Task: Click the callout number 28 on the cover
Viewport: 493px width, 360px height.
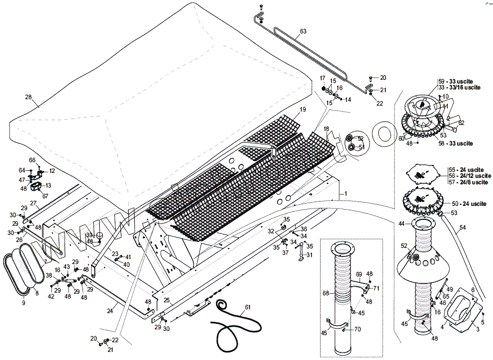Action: [29, 97]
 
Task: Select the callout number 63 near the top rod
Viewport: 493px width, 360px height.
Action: [303, 31]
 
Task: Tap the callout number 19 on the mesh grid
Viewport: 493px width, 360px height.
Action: [303, 109]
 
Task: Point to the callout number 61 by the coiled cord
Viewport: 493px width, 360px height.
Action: [247, 308]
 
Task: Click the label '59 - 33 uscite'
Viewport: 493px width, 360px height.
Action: [457, 81]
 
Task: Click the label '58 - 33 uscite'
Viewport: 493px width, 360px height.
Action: [457, 143]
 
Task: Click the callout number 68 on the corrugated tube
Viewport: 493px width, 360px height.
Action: [325, 293]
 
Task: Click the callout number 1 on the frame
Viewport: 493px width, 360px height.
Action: [346, 192]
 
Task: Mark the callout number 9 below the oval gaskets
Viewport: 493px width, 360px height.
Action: [23, 302]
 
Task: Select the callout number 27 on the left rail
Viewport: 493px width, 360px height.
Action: [33, 203]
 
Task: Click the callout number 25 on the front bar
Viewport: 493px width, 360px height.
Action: [167, 300]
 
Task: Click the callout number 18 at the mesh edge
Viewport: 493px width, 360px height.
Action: [326, 129]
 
